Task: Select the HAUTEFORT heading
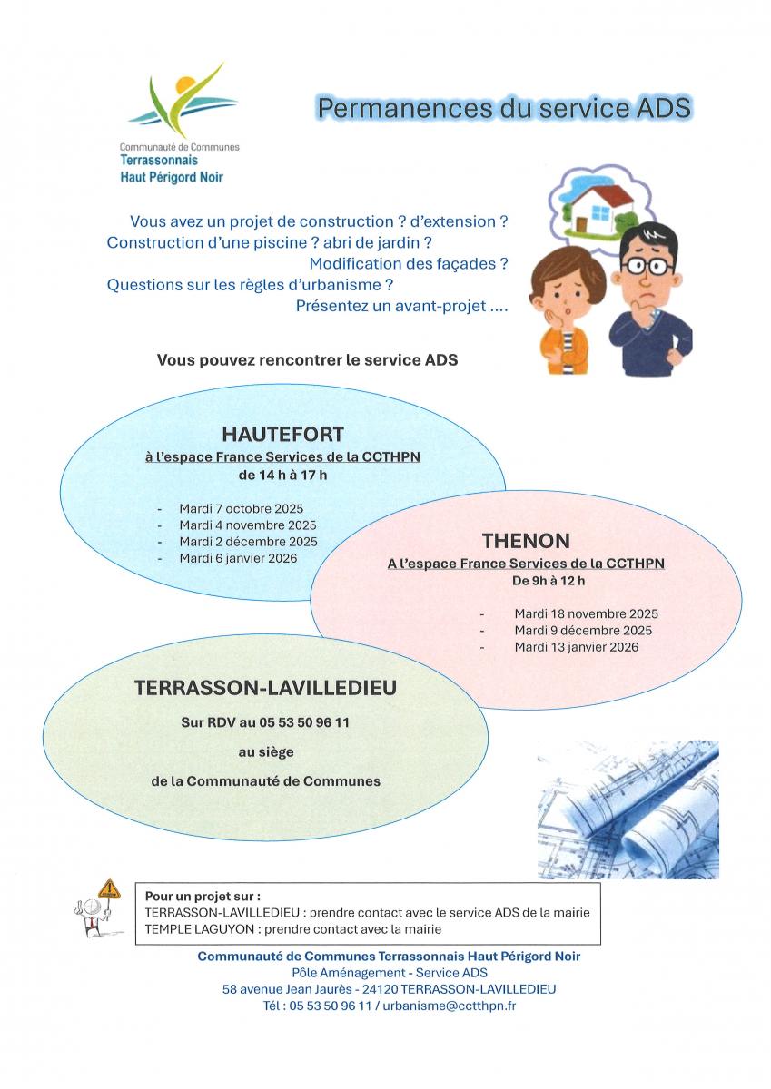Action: point(282,434)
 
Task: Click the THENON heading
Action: point(526,541)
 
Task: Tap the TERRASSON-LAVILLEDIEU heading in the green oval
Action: point(265,688)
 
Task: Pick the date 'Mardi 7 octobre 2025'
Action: point(241,508)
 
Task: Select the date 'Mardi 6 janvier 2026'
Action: point(238,558)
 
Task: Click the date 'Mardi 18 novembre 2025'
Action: point(586,613)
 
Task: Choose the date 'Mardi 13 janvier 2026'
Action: point(576,647)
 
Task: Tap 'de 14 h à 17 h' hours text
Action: point(282,476)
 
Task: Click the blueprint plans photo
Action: point(628,809)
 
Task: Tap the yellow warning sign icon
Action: point(109,889)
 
